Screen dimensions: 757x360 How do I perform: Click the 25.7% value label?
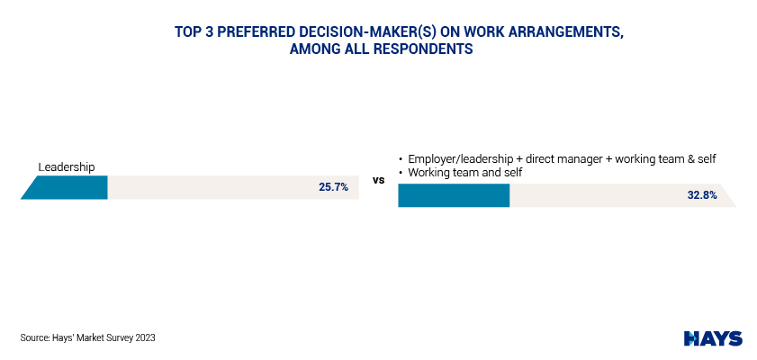(x=333, y=187)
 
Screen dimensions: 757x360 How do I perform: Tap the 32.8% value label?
(x=702, y=195)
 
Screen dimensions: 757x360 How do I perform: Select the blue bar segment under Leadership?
(x=64, y=187)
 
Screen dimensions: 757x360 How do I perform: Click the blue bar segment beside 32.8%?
(x=454, y=195)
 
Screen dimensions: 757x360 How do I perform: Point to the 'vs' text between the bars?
(x=378, y=181)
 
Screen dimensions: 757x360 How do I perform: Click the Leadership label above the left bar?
(x=67, y=167)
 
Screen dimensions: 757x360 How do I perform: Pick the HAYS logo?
(x=713, y=338)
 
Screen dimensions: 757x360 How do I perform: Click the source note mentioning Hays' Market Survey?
(x=88, y=338)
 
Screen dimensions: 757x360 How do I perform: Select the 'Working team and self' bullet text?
(x=465, y=173)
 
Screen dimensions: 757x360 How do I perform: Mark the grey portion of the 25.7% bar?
(x=233, y=187)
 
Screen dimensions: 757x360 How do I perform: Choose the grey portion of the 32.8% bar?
(x=623, y=195)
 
